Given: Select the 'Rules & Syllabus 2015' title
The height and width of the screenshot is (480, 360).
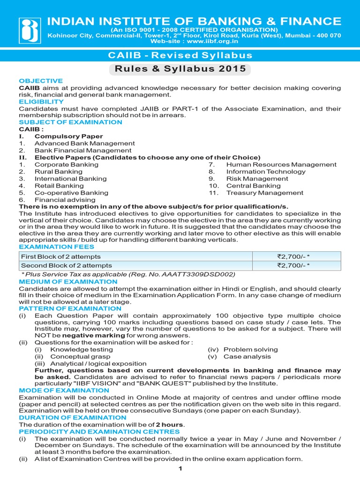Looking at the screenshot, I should (180, 69).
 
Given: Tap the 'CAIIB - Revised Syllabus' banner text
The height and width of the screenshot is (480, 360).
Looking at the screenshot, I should (180, 55).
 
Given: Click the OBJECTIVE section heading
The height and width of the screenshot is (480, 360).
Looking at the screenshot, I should (41, 81).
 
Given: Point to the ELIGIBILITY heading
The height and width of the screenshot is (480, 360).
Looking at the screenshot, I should (41, 101).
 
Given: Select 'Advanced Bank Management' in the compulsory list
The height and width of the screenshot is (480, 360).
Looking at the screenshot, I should (84, 143).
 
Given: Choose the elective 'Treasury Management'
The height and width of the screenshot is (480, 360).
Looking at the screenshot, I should (264, 193).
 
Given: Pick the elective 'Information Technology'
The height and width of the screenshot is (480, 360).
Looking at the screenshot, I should (266, 172).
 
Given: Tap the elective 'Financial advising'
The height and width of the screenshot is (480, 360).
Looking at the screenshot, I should (65, 200).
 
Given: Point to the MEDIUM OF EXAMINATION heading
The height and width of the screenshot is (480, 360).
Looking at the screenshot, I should (68, 282).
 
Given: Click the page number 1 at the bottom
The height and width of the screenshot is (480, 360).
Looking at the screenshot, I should (180, 468).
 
